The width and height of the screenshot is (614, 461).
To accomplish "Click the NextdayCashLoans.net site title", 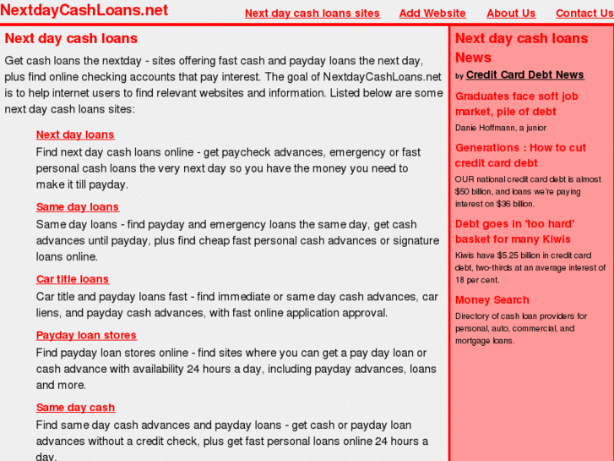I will [x=84, y=10].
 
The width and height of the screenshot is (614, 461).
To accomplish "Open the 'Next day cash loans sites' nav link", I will [x=312, y=14].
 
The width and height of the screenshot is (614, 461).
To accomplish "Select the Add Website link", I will [x=432, y=14].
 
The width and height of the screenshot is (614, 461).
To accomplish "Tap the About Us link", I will [x=511, y=14].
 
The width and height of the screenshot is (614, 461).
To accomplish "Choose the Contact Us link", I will [x=584, y=14].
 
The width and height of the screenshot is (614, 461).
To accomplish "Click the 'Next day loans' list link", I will [x=75, y=134].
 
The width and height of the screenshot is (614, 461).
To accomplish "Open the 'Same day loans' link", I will [x=78, y=207].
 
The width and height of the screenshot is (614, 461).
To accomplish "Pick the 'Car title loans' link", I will [x=73, y=279].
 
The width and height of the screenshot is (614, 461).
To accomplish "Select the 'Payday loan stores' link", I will [x=86, y=336].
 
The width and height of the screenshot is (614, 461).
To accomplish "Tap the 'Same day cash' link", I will [x=75, y=408].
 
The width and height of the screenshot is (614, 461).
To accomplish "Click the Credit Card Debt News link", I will [x=524, y=75].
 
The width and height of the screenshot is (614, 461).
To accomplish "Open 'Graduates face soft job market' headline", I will [x=516, y=104].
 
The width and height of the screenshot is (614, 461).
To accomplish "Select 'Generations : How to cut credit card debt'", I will [x=520, y=156].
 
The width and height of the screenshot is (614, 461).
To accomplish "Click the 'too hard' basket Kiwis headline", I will [x=514, y=232].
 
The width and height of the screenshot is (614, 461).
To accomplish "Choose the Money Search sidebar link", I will [x=492, y=300].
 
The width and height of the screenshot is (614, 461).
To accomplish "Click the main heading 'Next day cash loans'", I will [x=71, y=39].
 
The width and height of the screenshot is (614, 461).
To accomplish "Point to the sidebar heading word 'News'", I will [x=473, y=58].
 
